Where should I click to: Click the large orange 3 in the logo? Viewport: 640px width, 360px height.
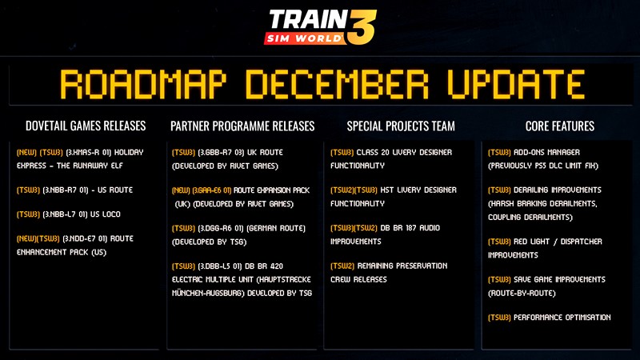pos(362,27)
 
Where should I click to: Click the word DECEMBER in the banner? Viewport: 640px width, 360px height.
pos(337,85)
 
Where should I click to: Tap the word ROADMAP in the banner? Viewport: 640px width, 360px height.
pos(143,85)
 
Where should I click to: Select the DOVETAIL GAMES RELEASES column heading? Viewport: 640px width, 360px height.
pos(86,126)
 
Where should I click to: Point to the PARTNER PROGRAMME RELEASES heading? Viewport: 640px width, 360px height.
pos(242,126)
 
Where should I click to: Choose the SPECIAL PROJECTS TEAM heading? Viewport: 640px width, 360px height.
pos(401,126)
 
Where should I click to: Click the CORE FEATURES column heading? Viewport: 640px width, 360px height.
pos(559,126)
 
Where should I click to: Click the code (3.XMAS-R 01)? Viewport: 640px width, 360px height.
pos(88,152)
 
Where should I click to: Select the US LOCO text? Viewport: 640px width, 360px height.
pos(106,214)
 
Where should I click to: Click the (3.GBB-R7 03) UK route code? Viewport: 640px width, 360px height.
pos(221,152)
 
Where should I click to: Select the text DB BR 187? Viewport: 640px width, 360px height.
pos(395,228)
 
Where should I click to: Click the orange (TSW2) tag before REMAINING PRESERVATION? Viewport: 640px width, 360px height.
pos(342,266)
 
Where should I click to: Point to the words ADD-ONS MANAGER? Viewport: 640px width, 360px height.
pos(546,152)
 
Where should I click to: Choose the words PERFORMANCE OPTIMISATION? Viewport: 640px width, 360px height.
pos(562,318)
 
